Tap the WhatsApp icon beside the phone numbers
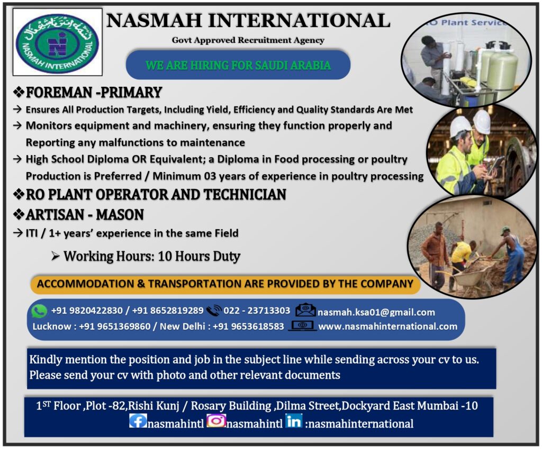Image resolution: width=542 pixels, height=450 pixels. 39,311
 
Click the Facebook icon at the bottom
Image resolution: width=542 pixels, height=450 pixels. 138,421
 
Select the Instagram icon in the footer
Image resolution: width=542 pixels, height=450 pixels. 216,421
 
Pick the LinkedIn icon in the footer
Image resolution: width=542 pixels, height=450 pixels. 293,421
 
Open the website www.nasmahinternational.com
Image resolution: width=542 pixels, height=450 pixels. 387,326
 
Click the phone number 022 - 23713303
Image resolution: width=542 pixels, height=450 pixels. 257,311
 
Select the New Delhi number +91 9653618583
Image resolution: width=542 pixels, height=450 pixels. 248,326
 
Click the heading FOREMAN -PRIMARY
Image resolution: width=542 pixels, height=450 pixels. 94,93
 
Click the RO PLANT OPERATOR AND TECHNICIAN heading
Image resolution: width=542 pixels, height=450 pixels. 156,194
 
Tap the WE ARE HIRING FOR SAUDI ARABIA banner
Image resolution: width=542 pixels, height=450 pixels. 238,66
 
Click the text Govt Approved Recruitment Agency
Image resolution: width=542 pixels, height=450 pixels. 248,40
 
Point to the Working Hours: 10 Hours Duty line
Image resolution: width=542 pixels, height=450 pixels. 151,256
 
